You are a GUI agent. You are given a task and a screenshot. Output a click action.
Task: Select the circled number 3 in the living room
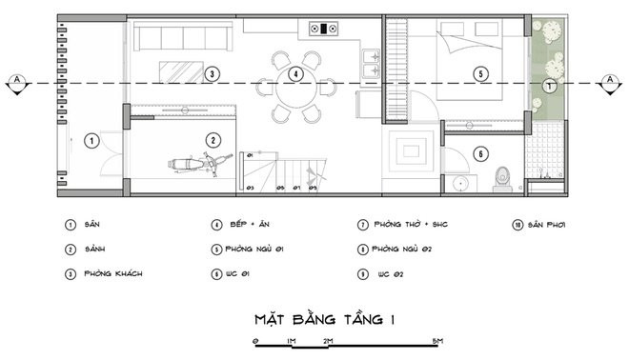click(213, 72)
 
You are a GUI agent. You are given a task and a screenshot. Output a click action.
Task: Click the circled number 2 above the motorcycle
click(213, 140)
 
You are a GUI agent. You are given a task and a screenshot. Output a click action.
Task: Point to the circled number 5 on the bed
click(480, 73)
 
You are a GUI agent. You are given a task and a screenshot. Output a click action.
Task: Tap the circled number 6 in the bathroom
click(480, 153)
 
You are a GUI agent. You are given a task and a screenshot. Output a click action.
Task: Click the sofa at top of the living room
click(181, 38)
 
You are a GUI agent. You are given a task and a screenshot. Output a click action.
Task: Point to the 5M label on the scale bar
click(434, 340)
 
